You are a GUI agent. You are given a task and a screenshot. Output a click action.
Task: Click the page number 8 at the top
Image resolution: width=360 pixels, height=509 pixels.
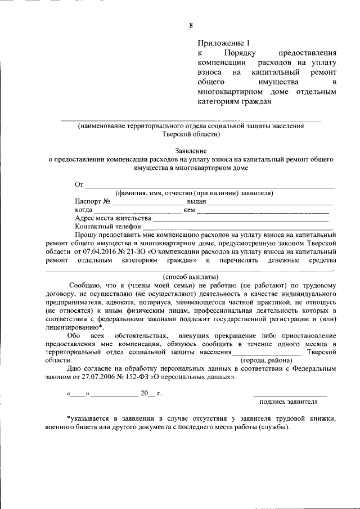(x=191, y=25)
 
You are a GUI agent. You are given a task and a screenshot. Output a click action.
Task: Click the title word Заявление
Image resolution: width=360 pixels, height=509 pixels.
(x=191, y=151)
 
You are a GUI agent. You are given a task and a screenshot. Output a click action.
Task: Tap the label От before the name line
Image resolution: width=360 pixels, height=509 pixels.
(x=79, y=185)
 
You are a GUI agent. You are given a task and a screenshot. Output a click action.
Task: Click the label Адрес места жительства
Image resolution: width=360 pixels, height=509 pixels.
(x=112, y=218)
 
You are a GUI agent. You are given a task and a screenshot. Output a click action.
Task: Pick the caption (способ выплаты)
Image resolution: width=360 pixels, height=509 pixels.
(x=191, y=277)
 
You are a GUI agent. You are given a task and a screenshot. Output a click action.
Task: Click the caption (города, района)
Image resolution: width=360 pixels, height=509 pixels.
(x=266, y=360)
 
